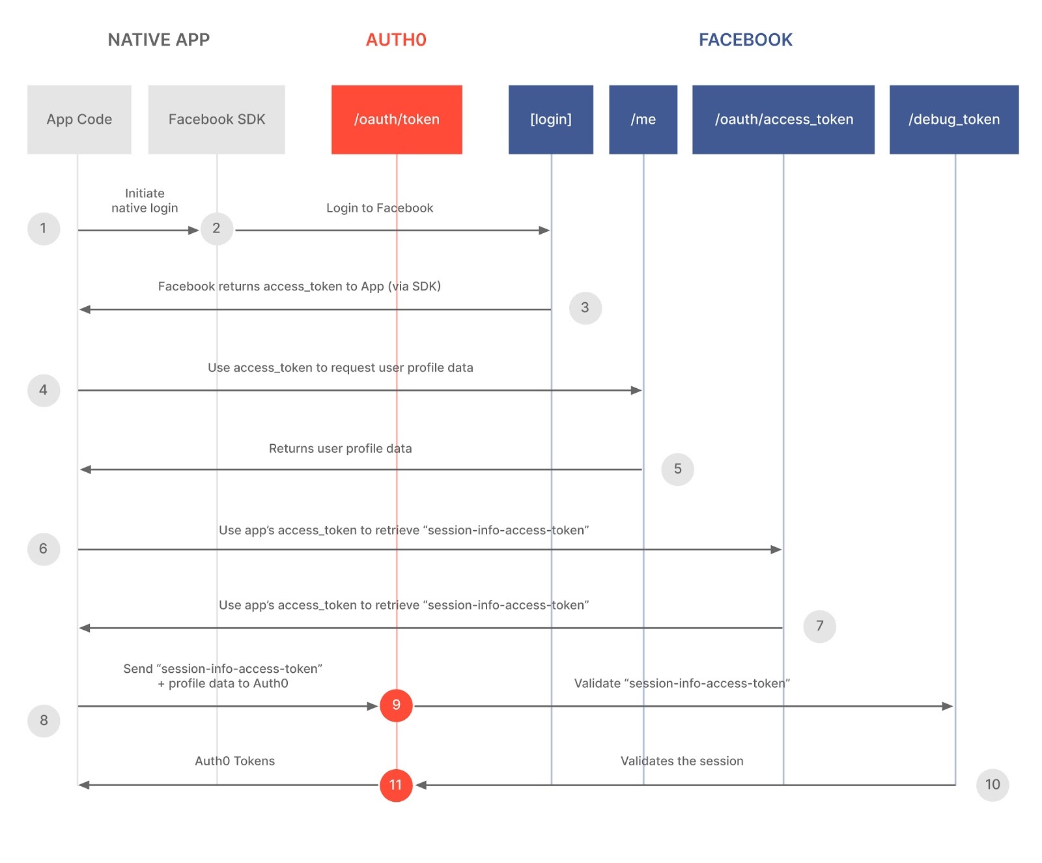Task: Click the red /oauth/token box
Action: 397,119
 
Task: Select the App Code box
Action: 79,119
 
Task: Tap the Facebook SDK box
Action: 216,119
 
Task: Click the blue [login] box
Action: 550,119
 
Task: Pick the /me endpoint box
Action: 643,119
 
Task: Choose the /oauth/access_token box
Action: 783,119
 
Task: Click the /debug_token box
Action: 953,119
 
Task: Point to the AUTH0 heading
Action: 396,40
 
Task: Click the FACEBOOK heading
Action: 745,40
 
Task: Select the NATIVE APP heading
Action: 158,40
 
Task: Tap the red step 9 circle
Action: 396,705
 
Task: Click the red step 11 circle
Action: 396,785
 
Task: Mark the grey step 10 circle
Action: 992,785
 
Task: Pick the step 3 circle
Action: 585,307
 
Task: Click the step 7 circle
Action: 819,626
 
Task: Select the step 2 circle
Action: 216,229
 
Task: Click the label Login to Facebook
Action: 380,208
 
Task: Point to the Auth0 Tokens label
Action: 234,761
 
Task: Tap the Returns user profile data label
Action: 340,448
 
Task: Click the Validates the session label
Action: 681,761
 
